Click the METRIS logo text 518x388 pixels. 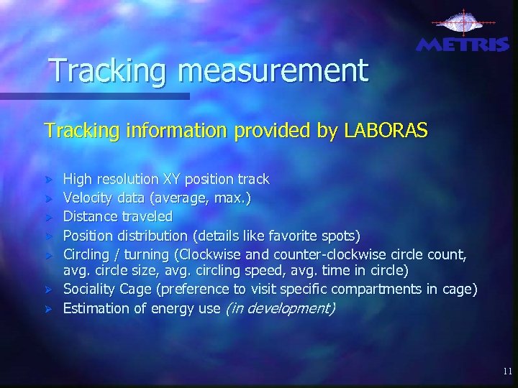coord(462,45)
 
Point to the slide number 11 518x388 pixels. coord(508,371)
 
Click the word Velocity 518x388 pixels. coord(86,197)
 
